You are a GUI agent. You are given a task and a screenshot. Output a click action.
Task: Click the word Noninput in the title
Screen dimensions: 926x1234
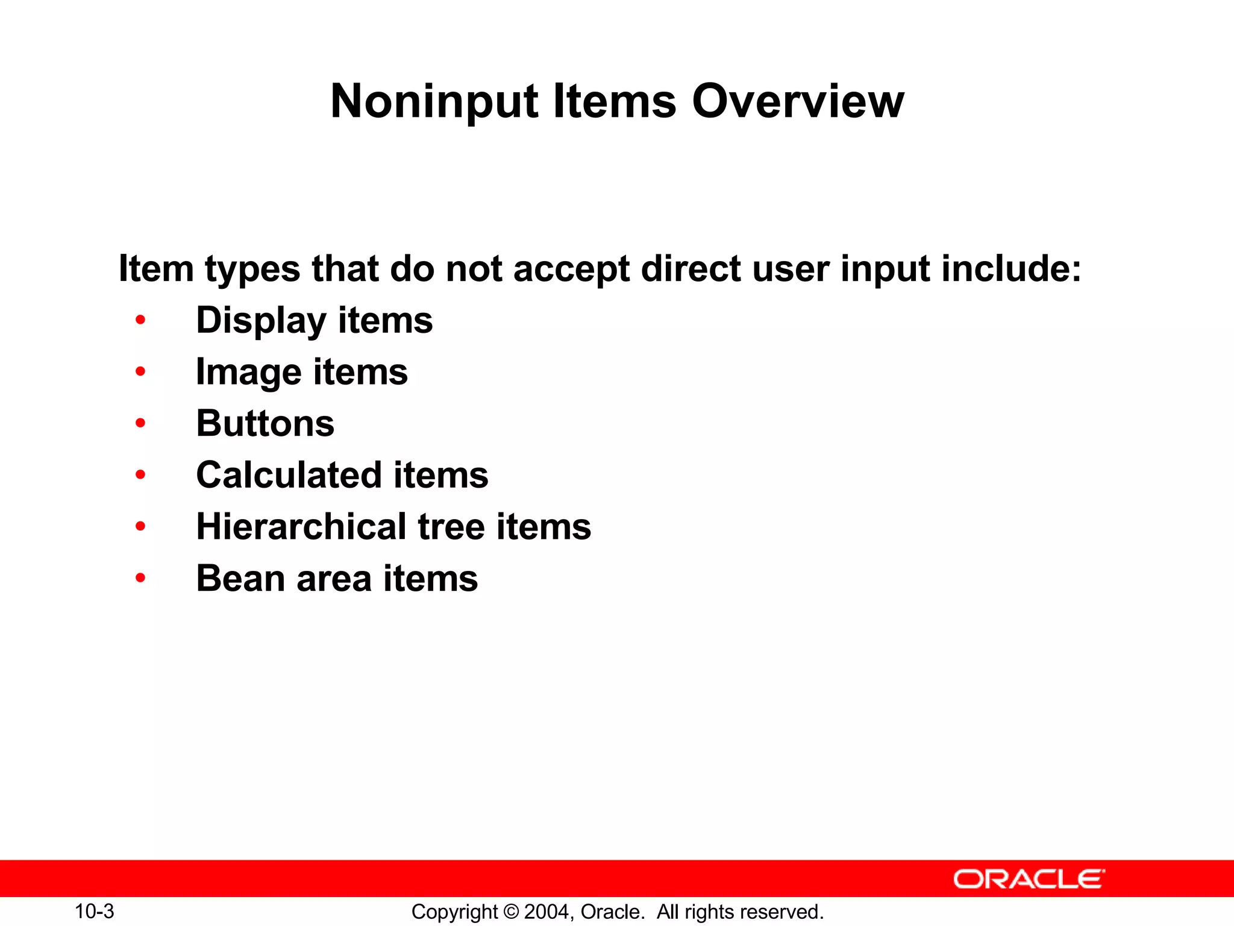tap(434, 102)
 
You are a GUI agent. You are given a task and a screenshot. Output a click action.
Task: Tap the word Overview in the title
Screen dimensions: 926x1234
tap(798, 101)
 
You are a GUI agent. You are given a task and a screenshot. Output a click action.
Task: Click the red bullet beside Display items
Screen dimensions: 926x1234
tap(140, 320)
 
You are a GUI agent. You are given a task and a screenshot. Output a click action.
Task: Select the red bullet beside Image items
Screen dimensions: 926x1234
tap(140, 372)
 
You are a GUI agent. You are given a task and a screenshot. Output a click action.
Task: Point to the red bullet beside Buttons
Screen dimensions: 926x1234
tap(140, 423)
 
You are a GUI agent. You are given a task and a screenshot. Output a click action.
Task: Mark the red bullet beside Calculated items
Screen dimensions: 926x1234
tap(140, 475)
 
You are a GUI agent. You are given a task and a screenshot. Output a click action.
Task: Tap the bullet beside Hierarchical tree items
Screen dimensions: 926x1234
tap(140, 527)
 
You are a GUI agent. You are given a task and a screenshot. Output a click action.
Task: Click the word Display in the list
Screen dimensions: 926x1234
tap(260, 321)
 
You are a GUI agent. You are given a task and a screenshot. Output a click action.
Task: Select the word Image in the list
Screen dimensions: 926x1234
tap(248, 373)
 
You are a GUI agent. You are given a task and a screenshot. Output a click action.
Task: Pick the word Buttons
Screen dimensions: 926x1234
tap(265, 423)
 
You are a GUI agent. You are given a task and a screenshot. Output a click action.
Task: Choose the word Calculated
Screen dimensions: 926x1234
tap(289, 475)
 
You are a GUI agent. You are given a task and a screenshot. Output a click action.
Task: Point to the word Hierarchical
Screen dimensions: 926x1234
tap(301, 527)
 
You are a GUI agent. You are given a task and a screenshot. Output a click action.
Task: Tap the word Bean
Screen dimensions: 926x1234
tap(240, 579)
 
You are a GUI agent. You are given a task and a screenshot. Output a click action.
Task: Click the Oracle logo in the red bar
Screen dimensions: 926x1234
tap(1029, 879)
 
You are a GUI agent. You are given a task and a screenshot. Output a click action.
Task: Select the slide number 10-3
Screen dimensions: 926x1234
tap(95, 911)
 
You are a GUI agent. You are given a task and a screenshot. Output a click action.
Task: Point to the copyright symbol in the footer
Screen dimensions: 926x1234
tap(511, 912)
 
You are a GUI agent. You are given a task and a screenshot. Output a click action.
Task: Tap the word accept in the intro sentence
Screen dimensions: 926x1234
tap(571, 268)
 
